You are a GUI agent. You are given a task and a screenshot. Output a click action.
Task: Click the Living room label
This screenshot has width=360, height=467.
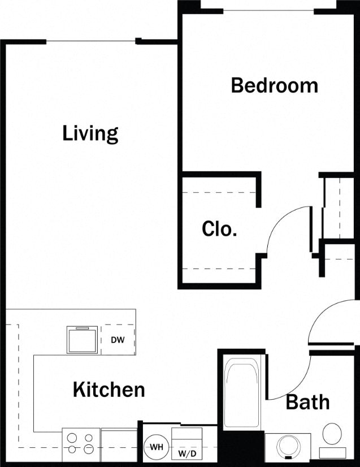click(x=90, y=133)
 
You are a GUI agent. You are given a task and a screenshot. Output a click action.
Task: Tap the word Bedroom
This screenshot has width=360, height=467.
click(x=274, y=85)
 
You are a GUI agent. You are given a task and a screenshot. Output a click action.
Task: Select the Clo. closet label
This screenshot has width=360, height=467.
click(x=219, y=229)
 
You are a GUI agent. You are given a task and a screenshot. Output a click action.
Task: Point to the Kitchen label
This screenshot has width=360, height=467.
click(x=109, y=390)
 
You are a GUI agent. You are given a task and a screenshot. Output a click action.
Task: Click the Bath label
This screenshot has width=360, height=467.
click(x=307, y=402)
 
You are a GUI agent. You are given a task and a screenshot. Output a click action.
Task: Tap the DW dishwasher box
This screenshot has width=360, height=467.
click(x=118, y=340)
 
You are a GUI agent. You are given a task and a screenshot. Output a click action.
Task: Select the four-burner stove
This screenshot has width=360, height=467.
click(x=81, y=442)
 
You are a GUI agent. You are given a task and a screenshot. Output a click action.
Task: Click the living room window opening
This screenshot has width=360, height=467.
click(x=90, y=41)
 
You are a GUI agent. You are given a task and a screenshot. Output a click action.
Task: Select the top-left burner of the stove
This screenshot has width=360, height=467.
click(x=72, y=437)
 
